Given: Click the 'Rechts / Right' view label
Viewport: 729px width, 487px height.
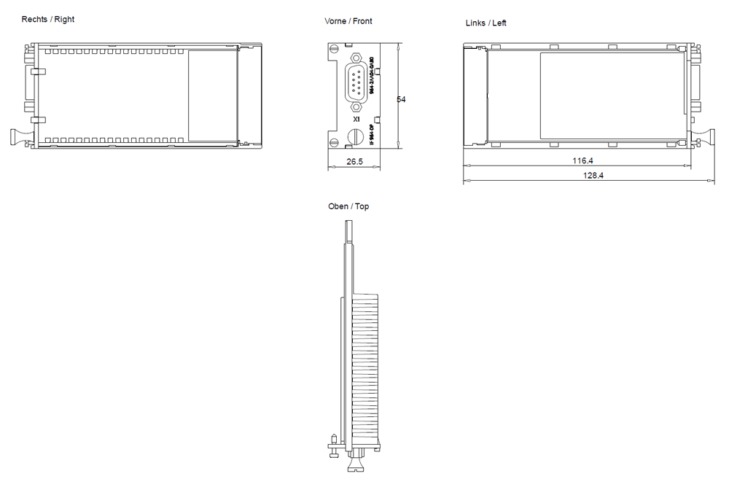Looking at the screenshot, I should (48, 19).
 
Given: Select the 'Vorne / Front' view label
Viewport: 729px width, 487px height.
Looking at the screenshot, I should (348, 21).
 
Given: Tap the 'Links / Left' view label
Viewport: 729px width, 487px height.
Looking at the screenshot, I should (486, 23).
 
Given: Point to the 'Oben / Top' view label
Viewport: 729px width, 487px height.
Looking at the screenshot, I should (348, 206).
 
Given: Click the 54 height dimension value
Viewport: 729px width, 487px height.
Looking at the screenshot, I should (401, 99).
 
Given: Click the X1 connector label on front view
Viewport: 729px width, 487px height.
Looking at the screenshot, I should (356, 118).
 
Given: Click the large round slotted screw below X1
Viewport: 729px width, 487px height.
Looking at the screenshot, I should (356, 136).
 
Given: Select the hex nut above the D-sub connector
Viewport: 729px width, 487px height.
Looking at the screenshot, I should (356, 58).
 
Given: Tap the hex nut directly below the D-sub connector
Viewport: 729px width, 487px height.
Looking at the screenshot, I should (356, 106).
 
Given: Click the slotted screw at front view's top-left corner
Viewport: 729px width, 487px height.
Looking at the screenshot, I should (333, 49).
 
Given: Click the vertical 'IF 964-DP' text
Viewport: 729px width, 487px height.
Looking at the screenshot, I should (372, 135).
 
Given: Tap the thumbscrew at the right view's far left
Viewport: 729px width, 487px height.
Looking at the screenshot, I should (17, 136).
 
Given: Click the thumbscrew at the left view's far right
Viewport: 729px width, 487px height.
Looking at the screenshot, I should (706, 136).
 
